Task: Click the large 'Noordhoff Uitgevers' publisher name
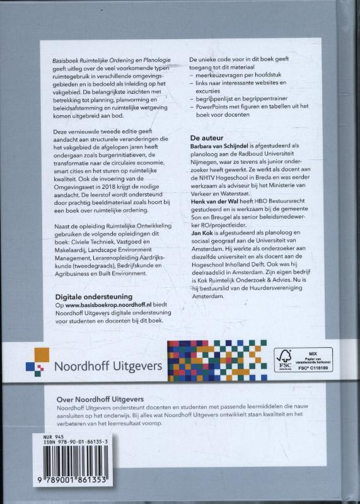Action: (110, 365)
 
